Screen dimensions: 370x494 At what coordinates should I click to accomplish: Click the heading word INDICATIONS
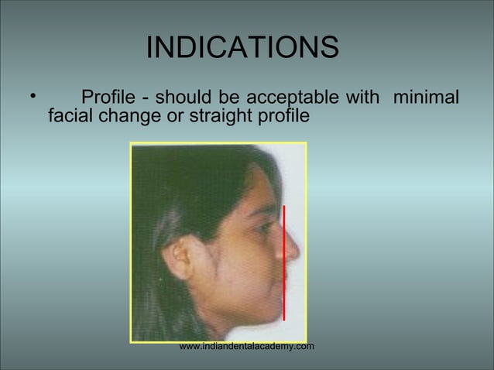pyautogui.click(x=242, y=47)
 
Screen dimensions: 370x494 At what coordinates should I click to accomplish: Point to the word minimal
pyautogui.click(x=427, y=98)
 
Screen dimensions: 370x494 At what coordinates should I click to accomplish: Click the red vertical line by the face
pyautogui.click(x=285, y=263)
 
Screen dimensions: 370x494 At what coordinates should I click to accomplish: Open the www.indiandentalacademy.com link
pyautogui.click(x=246, y=346)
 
